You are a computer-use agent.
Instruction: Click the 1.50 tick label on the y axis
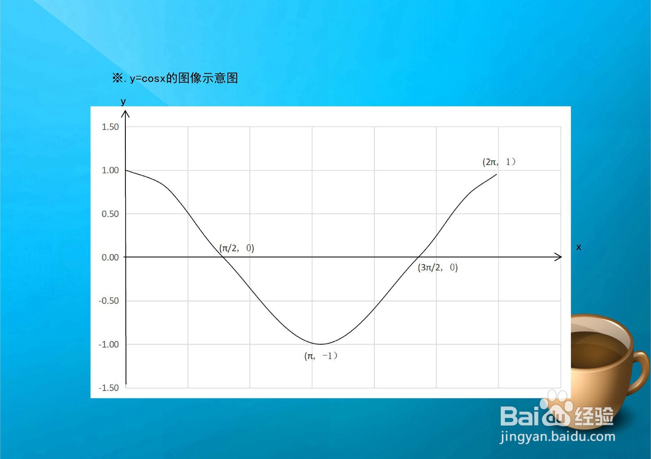[110, 127]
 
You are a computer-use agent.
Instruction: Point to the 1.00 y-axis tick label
[110, 170]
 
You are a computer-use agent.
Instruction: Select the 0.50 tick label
[110, 214]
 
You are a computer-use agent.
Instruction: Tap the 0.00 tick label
[110, 257]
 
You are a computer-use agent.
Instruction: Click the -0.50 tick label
[109, 301]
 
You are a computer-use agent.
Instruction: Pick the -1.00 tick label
[109, 345]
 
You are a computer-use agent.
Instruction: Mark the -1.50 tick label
[109, 388]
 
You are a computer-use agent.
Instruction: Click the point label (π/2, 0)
[236, 248]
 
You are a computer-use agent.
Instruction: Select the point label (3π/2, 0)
[438, 267]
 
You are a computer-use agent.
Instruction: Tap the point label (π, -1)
[321, 356]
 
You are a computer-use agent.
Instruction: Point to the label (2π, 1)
[499, 162]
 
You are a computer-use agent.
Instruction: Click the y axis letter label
[123, 102]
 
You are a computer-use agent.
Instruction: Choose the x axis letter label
[579, 247]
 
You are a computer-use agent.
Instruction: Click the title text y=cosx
[148, 78]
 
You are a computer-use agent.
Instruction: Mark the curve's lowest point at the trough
[320, 345]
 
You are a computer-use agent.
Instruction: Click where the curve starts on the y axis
[126, 170]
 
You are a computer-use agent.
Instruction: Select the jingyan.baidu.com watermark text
[557, 437]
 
